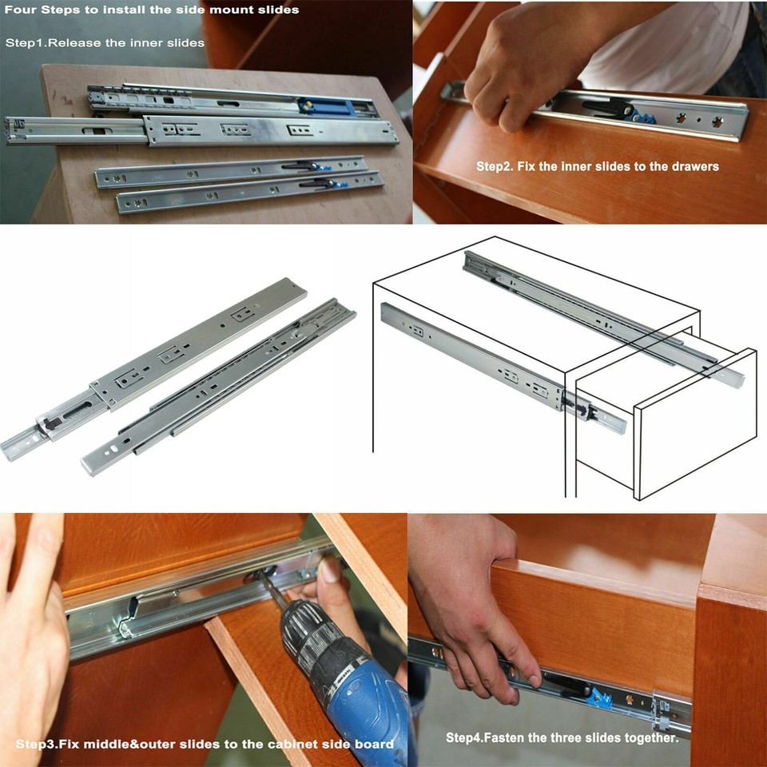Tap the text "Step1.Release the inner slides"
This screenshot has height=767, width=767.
pyautogui.click(x=105, y=42)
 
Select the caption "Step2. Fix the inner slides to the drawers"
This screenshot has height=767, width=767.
pyautogui.click(x=598, y=166)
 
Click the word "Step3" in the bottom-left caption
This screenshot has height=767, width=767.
pyautogui.click(x=37, y=744)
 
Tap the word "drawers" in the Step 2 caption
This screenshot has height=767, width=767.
pyautogui.click(x=693, y=166)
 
